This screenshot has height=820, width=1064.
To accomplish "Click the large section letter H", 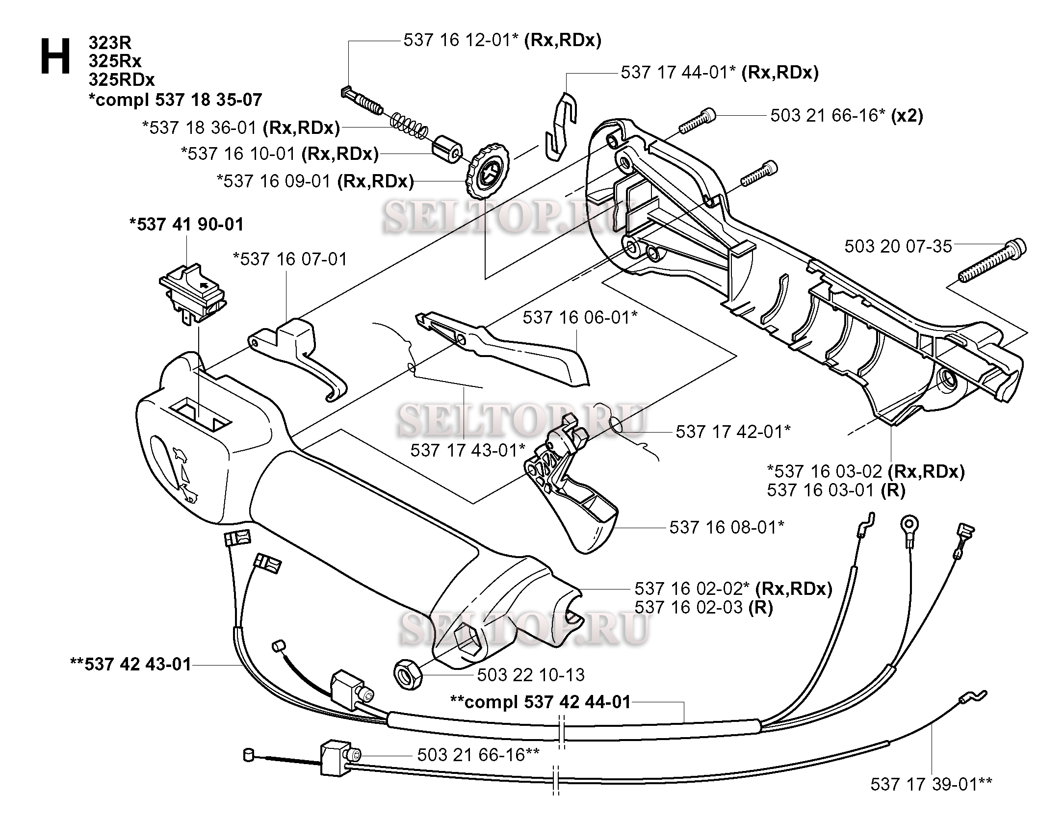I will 55,57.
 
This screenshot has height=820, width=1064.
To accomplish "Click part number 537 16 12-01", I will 461,40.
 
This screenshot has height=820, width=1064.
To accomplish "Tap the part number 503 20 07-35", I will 898,246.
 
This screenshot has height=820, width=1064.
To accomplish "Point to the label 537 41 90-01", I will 186,225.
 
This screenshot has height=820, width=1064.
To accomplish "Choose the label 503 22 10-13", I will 531,675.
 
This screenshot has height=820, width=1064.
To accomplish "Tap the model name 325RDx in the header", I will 121,79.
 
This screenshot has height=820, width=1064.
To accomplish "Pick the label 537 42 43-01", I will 131,665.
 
